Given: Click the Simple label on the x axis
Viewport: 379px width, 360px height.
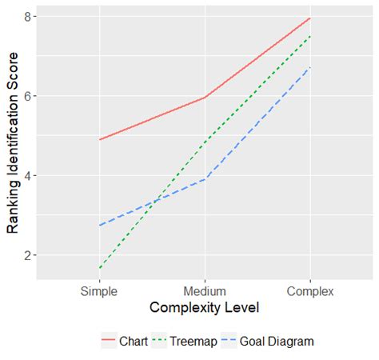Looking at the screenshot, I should (100, 291).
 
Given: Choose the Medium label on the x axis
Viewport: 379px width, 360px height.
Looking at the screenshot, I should (205, 291).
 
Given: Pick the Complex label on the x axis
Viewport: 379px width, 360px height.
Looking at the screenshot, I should (309, 291).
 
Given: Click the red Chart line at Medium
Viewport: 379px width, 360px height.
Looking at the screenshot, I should (205, 98).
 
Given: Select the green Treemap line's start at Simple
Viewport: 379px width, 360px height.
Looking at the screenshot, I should (100, 268).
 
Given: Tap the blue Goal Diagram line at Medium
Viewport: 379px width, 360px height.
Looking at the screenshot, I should (205, 179).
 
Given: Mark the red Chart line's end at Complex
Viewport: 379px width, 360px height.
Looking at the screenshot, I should (310, 18).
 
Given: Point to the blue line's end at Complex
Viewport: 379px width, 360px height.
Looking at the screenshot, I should (310, 66).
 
